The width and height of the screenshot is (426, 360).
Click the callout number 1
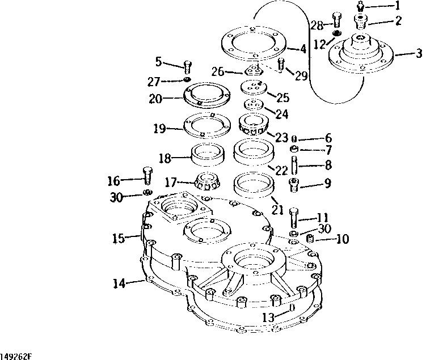(397, 7)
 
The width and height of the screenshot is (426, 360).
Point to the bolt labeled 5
(187, 67)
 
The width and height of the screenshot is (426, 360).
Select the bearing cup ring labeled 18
(208, 155)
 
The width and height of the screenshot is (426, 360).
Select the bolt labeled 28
(335, 20)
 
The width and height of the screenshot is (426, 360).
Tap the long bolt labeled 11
(293, 218)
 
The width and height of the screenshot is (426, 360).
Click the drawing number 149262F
(16, 356)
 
